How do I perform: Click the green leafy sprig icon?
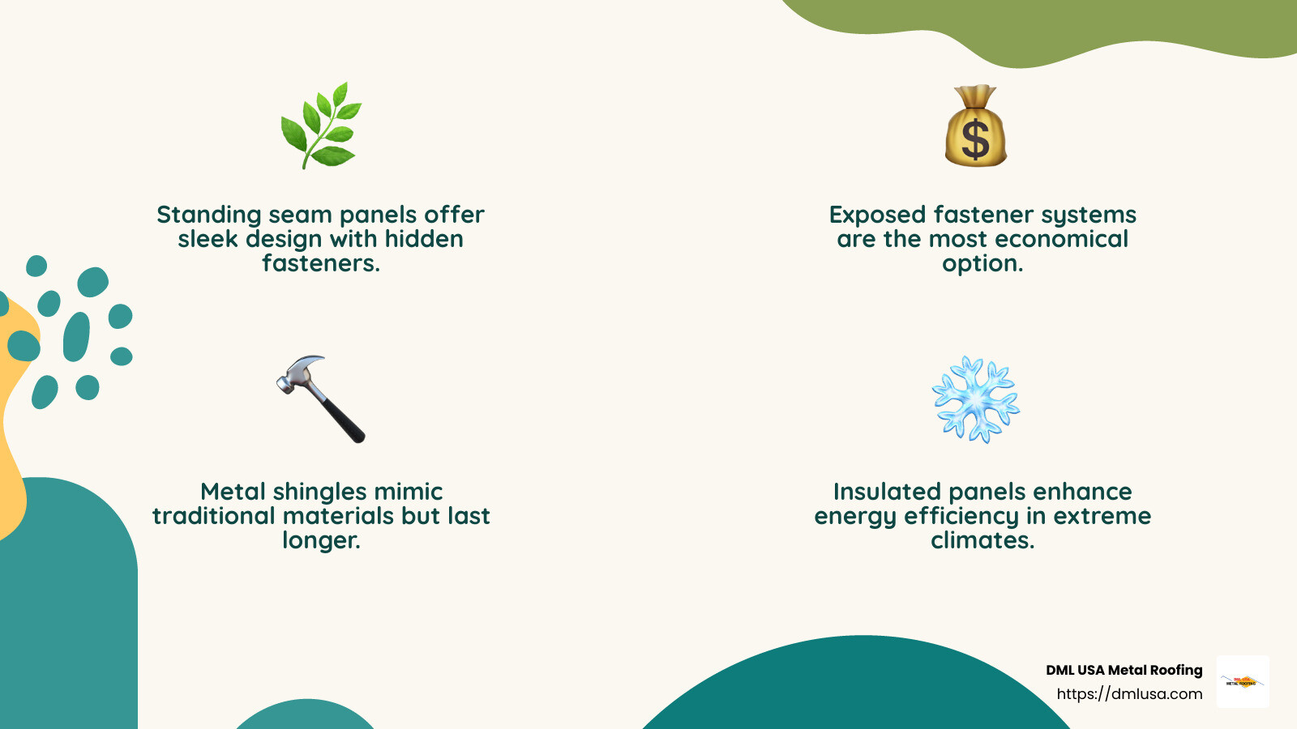[321, 126]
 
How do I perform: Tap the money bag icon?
[975, 128]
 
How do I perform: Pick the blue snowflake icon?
[975, 399]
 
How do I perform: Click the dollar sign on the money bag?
[975, 139]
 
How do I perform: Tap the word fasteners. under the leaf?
[320, 263]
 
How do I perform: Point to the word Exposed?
[877, 215]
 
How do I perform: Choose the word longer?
[321, 540]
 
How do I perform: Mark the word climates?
[982, 540]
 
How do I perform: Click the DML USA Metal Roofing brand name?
[1124, 670]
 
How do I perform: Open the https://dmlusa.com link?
[1129, 694]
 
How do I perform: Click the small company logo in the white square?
[1243, 681]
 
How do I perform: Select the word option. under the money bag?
[982, 263]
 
